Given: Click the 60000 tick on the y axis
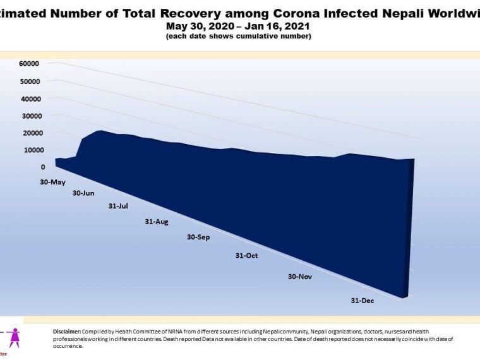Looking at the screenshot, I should (30, 64).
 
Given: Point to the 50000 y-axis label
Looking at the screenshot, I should (30, 81).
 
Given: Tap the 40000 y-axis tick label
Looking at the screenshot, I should (30, 99).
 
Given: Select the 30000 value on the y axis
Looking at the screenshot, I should (30, 116).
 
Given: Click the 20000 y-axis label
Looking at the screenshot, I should (30, 133).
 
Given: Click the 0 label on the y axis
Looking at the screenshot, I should (43, 167).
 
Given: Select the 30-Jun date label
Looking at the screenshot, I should (83, 193).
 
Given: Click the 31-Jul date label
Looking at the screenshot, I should (119, 207).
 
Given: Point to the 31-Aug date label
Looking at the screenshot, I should (157, 222).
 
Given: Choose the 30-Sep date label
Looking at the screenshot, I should (198, 237).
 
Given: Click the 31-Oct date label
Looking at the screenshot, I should (246, 256).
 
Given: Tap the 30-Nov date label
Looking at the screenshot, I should (300, 277).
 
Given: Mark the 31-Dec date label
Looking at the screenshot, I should (363, 301).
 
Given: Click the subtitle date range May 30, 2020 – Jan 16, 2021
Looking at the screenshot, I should (239, 26).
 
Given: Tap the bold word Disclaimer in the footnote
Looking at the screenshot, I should (67, 332).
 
